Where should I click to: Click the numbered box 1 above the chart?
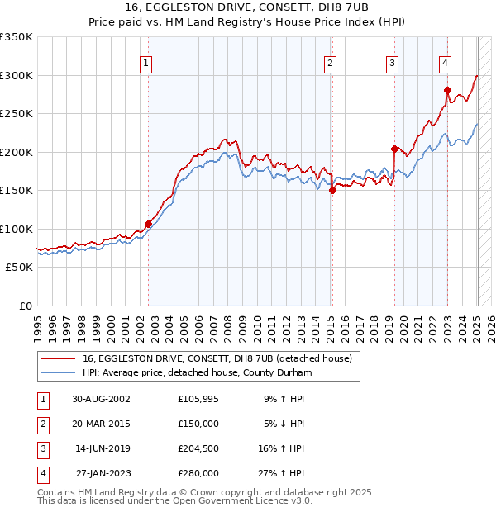click(145, 63)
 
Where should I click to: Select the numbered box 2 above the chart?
click(330, 63)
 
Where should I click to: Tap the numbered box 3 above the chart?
click(392, 63)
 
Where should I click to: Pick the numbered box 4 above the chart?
click(445, 63)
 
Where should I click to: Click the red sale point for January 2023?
click(447, 90)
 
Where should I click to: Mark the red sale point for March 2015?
click(332, 190)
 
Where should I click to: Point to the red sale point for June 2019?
click(394, 149)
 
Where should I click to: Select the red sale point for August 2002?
click(149, 224)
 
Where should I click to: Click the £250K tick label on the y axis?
click(17, 113)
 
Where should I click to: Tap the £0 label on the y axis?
click(25, 306)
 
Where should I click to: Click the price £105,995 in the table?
click(198, 398)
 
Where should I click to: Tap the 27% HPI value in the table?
click(284, 474)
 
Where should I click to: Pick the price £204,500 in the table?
click(198, 448)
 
